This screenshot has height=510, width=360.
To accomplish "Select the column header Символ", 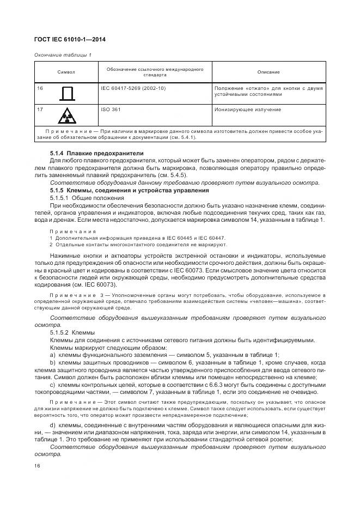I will click(x=66, y=72).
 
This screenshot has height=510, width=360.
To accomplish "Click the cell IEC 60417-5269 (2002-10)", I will click(x=133, y=88).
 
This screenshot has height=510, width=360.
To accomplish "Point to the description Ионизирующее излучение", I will click(x=248, y=109).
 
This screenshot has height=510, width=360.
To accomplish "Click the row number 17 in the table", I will click(x=40, y=109).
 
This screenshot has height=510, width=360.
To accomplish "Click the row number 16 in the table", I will click(x=40, y=88).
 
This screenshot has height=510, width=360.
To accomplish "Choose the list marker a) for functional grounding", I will click(x=53, y=354).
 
